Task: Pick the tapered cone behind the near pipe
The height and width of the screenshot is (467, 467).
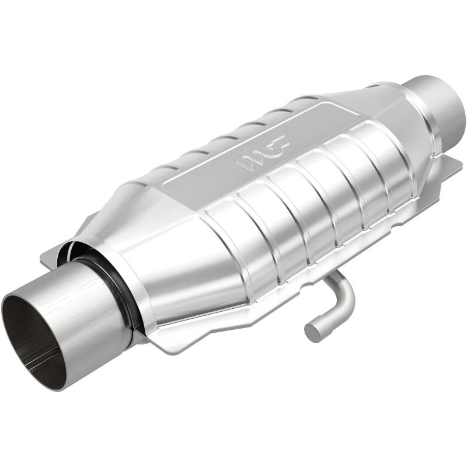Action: (175, 269)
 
